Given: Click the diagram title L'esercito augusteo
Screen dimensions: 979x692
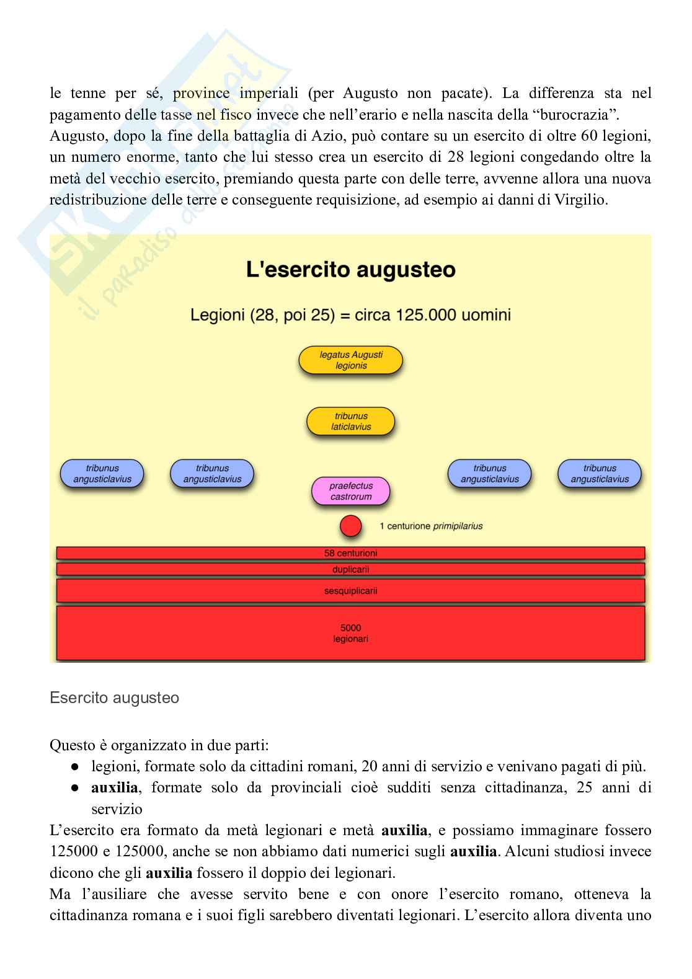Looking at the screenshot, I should [x=350, y=270].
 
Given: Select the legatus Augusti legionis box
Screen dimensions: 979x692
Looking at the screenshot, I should [x=351, y=360].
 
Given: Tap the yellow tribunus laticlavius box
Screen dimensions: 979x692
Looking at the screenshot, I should [x=351, y=421].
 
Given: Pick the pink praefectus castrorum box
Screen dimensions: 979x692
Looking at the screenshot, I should [x=351, y=491].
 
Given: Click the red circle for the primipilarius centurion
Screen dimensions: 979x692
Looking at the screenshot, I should [x=350, y=526].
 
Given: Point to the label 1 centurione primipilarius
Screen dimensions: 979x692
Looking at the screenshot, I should [x=431, y=526].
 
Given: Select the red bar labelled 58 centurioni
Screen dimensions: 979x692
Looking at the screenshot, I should [x=350, y=553].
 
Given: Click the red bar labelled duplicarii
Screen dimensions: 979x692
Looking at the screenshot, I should [x=350, y=569].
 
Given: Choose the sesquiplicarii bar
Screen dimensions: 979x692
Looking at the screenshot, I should [x=350, y=591].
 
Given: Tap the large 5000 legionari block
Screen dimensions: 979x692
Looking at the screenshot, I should [x=350, y=633].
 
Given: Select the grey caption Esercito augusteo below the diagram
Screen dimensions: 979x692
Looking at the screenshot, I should [x=114, y=698].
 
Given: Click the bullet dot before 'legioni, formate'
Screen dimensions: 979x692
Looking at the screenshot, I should [x=74, y=767].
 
